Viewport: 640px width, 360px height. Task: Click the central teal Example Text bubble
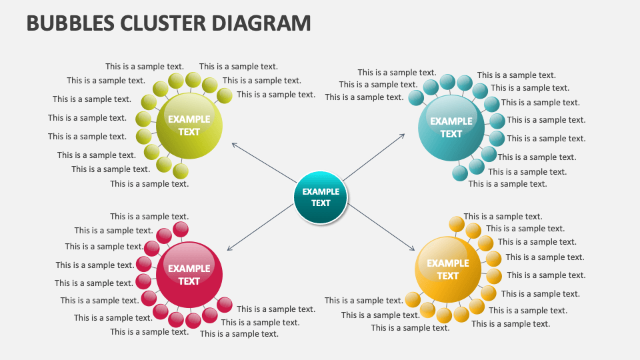pyautogui.click(x=321, y=197)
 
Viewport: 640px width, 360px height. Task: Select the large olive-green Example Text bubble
pyautogui.click(x=189, y=125)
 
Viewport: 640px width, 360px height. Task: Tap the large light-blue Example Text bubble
pyautogui.click(x=451, y=127)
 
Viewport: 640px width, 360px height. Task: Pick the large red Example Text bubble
pyautogui.click(x=189, y=275)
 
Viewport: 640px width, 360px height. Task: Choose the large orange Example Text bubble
pyautogui.click(x=448, y=269)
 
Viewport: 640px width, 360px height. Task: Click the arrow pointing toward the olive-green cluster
pyautogui.click(x=263, y=161)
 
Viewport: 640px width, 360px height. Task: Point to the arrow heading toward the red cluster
pyautogui.click(x=260, y=227)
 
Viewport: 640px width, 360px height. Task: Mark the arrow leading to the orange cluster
pyautogui.click(x=380, y=227)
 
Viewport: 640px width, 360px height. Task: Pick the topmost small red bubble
pyautogui.click(x=181, y=229)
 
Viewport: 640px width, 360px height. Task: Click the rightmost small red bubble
pyautogui.click(x=225, y=305)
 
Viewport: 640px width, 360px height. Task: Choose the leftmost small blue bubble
pyautogui.click(x=416, y=98)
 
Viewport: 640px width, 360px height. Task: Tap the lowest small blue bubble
pyautogui.click(x=460, y=174)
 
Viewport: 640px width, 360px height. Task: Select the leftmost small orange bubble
pyautogui.click(x=413, y=299)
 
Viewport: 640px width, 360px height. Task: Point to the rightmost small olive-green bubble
pyautogui.click(x=225, y=96)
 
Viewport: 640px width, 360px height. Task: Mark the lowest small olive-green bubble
pyautogui.click(x=181, y=171)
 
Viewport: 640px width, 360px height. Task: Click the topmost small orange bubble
pyautogui.click(x=457, y=224)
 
